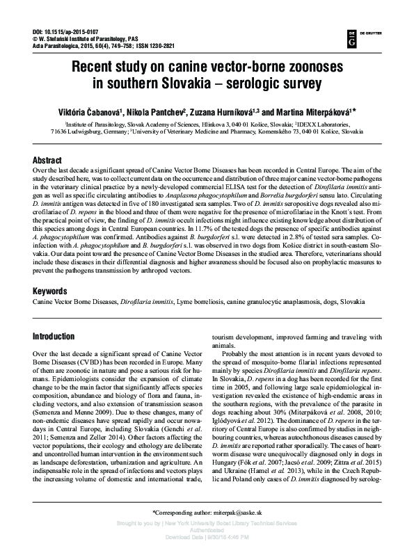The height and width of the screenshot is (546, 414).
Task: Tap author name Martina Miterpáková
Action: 317,111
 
